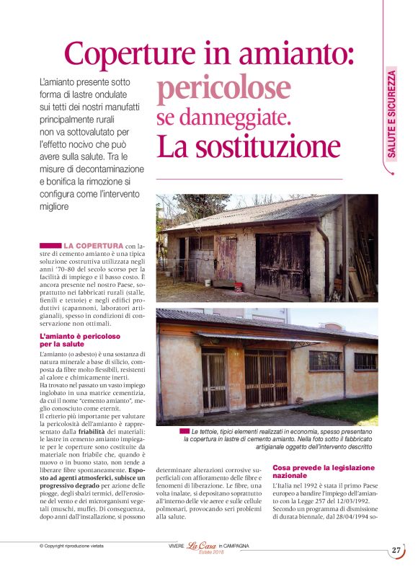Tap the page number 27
tap(396, 549)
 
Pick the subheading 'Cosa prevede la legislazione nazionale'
tap(324, 472)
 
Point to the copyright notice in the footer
tap(71, 546)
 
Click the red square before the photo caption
tap(185, 430)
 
